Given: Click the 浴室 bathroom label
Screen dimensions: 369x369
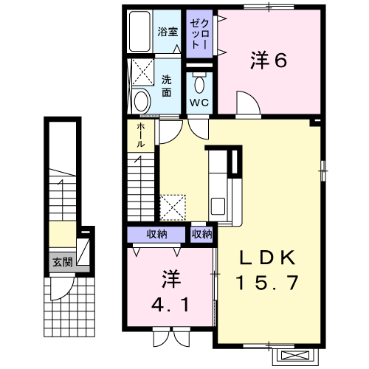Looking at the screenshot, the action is (x=168, y=32).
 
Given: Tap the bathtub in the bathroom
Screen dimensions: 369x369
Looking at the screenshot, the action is (x=139, y=31).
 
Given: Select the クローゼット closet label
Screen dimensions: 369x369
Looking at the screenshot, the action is (x=199, y=34).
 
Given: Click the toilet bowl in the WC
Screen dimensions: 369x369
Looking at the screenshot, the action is (x=199, y=84).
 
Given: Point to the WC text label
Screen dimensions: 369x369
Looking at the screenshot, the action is (x=199, y=103).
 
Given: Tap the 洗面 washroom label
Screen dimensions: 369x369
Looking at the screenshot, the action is (x=167, y=86).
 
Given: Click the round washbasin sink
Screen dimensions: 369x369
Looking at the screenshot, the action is (x=142, y=101).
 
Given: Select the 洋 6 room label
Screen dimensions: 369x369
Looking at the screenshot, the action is (x=269, y=61).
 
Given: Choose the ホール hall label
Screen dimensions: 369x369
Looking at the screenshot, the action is (x=140, y=135).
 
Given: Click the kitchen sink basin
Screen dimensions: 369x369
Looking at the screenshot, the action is (x=218, y=206).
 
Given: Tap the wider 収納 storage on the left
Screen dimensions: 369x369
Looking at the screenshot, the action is (x=156, y=234).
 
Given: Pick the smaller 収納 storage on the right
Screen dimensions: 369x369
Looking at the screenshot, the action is (x=201, y=234).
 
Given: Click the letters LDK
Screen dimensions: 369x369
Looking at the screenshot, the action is (x=267, y=258).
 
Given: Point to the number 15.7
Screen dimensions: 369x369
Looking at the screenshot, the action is (x=267, y=282).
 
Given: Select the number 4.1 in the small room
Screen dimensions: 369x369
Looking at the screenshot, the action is (x=170, y=305).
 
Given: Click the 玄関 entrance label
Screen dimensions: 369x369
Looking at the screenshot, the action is (x=63, y=262).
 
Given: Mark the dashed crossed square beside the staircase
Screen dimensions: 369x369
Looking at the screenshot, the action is (x=173, y=207).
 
